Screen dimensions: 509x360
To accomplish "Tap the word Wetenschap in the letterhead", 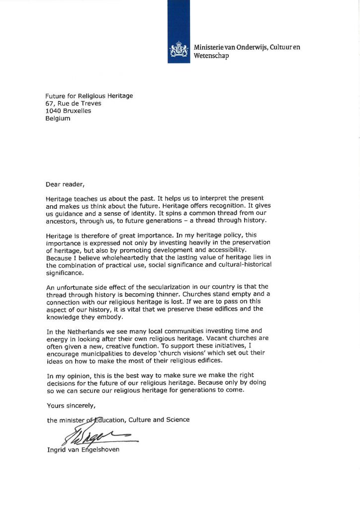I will coord(211,56).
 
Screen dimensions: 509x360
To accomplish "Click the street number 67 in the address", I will coord(49,103).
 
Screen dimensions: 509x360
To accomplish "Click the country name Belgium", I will coord(58,118).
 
